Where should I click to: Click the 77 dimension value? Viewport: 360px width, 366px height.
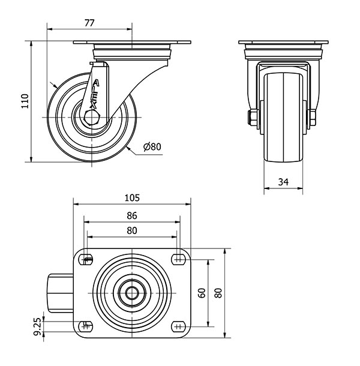[x=89, y=23]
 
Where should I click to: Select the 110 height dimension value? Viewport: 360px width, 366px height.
[x=25, y=101]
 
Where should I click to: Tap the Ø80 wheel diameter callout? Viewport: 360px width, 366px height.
[x=152, y=146]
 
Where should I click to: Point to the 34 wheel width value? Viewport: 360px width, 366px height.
[x=283, y=182]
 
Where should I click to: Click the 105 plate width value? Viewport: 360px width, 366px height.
[x=132, y=198]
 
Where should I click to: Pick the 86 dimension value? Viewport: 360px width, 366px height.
[x=132, y=215]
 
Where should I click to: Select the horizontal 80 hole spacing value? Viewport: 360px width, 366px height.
[x=132, y=230]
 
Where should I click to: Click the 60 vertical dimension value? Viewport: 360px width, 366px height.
[x=202, y=293]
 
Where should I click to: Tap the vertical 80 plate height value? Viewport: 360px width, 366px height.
[x=218, y=293]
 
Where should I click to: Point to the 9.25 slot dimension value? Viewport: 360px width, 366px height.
[x=37, y=326]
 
